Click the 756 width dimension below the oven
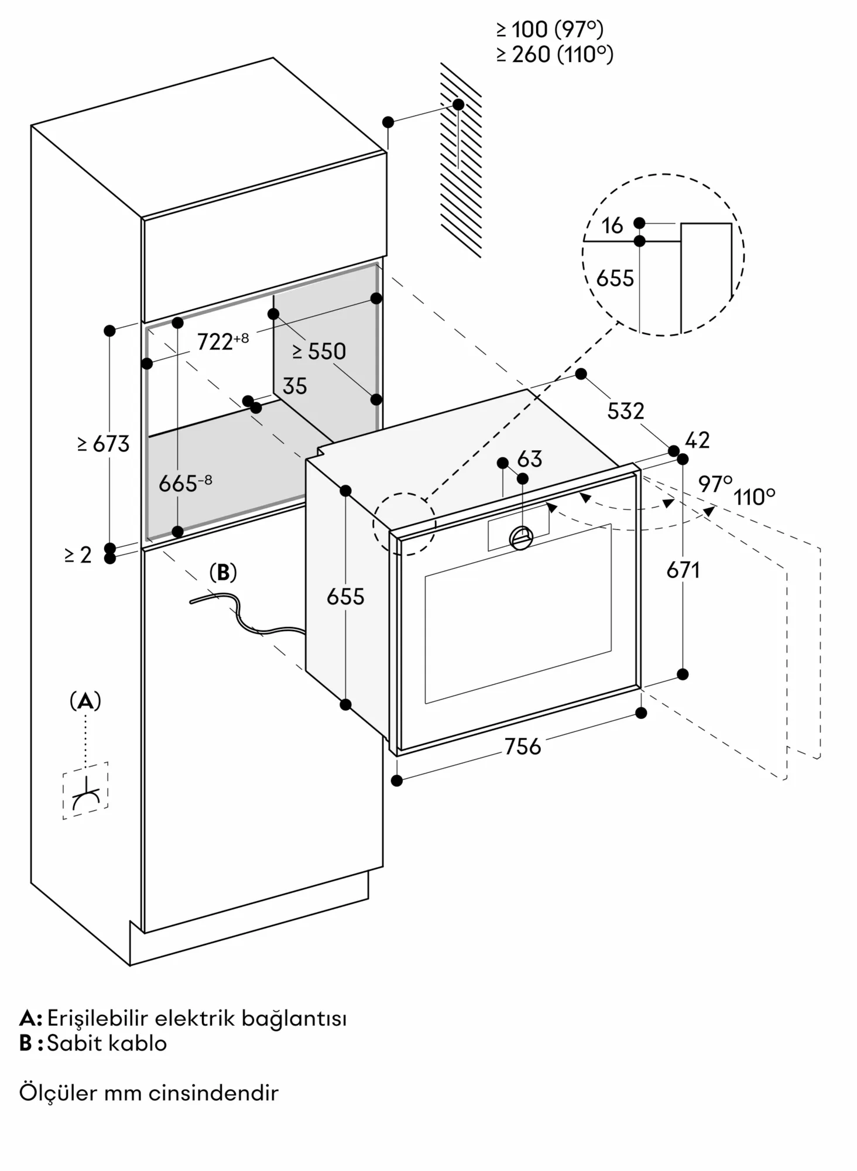coord(523,747)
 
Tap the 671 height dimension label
coord(683,570)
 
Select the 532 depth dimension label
coord(625,411)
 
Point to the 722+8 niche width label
coord(222,341)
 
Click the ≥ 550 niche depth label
coord(320,351)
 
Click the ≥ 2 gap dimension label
coord(78,554)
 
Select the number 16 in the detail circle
coord(612,226)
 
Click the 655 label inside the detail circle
coord(615,279)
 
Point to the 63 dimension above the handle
coord(530,459)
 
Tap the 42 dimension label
coord(697,440)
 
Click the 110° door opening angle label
coord(755,498)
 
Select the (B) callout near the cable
coord(223,573)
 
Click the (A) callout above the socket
coord(85,700)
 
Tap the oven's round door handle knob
coord(521,537)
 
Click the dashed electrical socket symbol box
coord(85,790)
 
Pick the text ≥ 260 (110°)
coord(554,54)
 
